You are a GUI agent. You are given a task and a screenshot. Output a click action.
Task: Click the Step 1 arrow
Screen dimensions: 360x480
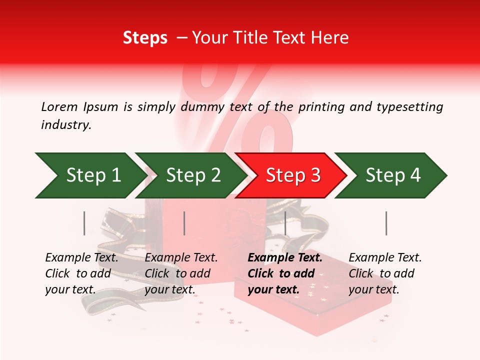[x=90, y=175]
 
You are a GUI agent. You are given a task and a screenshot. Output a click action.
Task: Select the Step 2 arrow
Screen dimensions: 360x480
[x=192, y=175]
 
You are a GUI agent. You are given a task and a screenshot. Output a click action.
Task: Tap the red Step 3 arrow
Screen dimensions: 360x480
[x=292, y=175]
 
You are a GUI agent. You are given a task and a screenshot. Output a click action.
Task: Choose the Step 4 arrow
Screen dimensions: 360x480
[x=392, y=175]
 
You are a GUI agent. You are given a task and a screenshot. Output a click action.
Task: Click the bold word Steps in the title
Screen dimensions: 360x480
[x=145, y=37]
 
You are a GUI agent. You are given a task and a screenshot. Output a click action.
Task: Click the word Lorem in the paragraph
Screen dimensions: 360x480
[x=59, y=106]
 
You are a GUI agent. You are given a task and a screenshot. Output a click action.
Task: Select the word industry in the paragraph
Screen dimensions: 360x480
[x=65, y=125]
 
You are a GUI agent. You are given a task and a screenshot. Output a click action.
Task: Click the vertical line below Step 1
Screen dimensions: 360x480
[x=84, y=223]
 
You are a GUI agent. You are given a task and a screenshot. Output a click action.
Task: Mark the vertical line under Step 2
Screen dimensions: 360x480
[x=184, y=223]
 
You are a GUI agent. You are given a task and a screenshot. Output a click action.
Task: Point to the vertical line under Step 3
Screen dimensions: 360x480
[x=285, y=223]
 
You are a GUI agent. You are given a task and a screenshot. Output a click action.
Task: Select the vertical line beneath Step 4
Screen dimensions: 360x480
[x=386, y=223]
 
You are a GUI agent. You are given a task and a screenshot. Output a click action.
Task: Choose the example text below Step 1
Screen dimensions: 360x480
[x=81, y=273]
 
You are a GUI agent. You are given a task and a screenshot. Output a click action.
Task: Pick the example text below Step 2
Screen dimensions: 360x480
[x=181, y=273]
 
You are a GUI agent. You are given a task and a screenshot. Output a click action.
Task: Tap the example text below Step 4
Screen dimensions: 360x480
[x=385, y=273]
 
